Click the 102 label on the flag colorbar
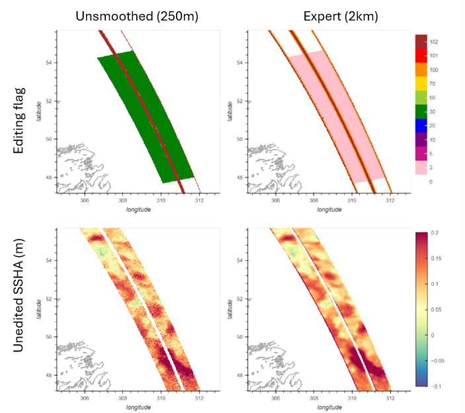click(x=434, y=42)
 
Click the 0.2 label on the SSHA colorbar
click(x=433, y=234)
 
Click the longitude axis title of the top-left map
click(x=138, y=209)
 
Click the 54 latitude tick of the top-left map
click(x=48, y=63)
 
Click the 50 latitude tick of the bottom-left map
click(x=48, y=336)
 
